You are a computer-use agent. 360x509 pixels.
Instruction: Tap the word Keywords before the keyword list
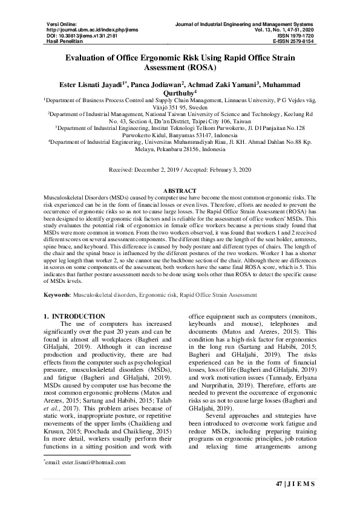pos(57,294)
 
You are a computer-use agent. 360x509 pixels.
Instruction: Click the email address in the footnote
pos(87,462)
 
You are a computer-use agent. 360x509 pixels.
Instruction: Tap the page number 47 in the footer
pos(279,484)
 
